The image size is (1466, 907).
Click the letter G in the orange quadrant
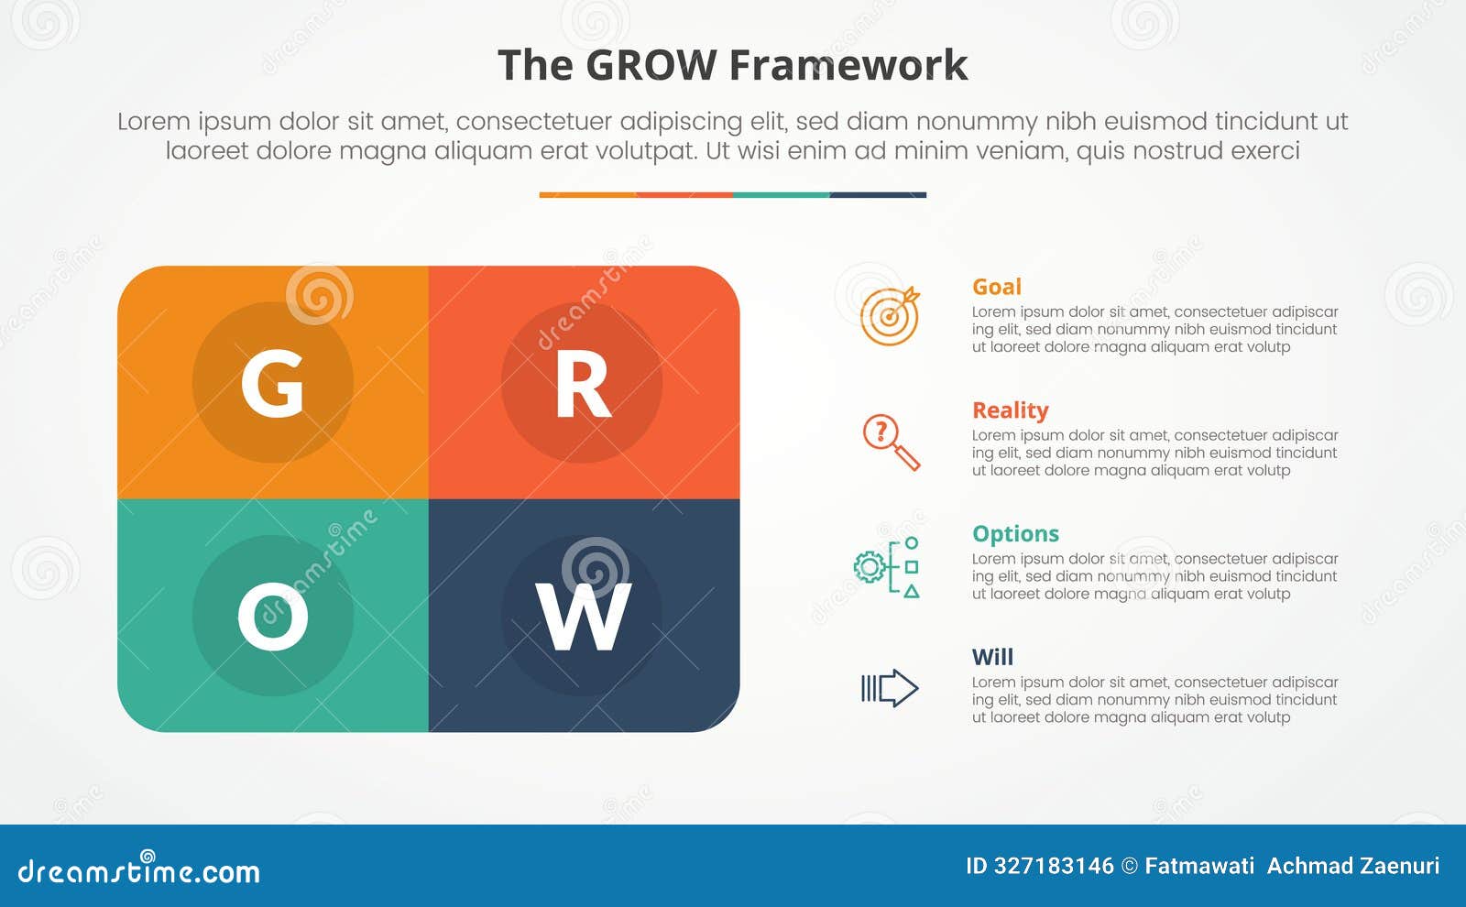coord(272,383)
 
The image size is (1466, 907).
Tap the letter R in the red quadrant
coord(582,385)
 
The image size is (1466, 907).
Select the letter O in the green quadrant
coord(272,617)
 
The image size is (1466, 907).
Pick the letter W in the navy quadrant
coord(584,617)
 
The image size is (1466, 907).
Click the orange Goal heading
coord(996,287)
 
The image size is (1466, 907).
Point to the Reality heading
coord(1010,410)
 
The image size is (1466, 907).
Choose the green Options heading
coord(1015,533)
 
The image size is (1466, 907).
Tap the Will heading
coord(992,657)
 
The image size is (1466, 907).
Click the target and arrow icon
coord(890,316)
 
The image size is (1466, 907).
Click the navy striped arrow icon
coord(889,688)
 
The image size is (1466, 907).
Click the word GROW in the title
coord(651,66)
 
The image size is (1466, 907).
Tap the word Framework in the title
coord(848,66)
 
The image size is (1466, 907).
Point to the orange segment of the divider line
coord(587,194)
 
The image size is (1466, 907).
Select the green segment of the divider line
coord(781,194)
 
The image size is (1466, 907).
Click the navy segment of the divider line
coord(878,194)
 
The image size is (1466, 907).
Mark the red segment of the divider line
coord(684,194)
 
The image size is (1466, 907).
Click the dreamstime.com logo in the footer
coord(138,870)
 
